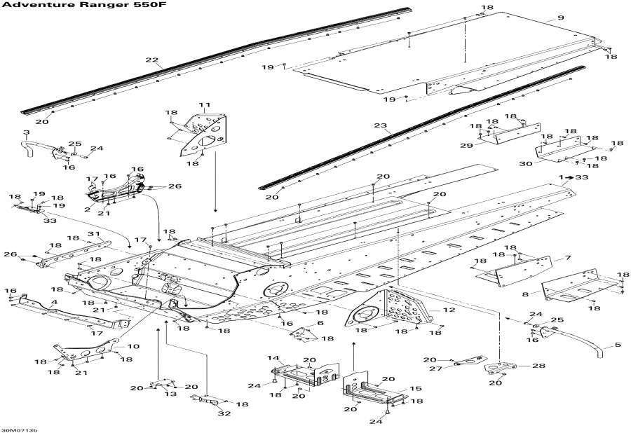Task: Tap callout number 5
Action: coord(618,344)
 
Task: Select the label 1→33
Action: coord(573,179)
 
